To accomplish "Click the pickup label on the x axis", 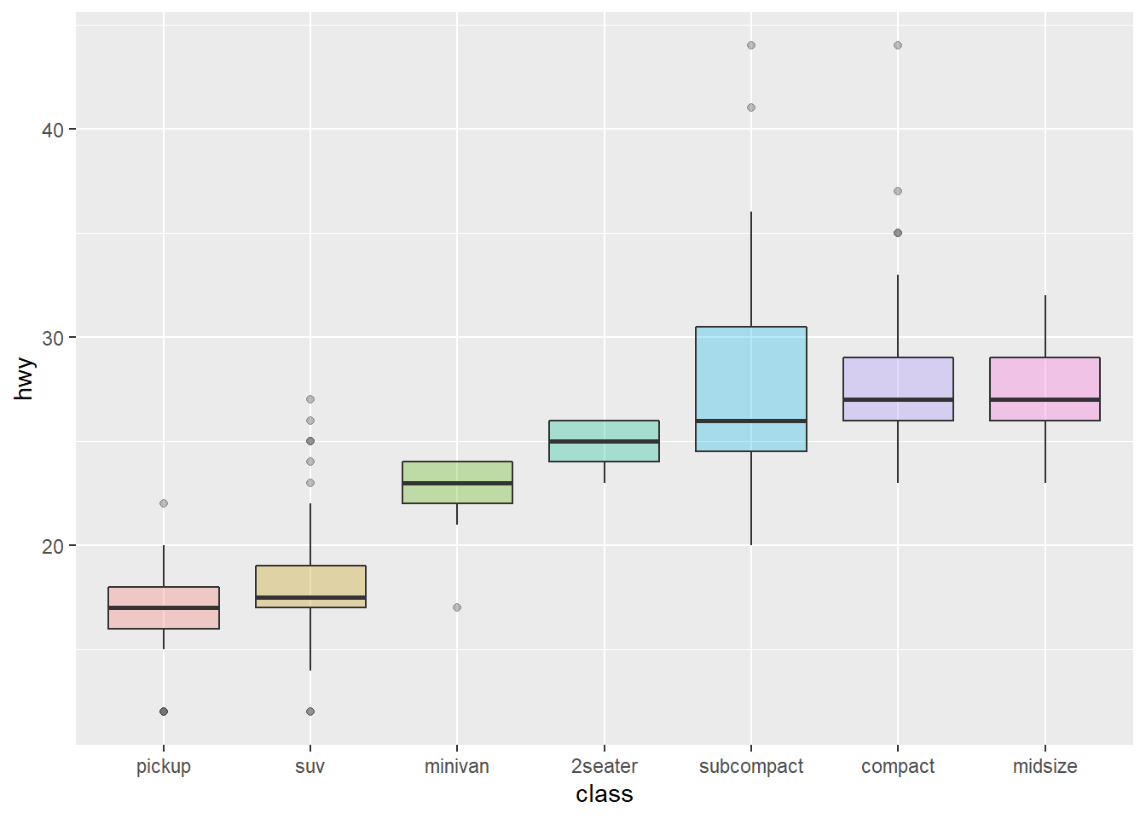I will pos(163,766).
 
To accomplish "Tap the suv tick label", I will pos(310,766).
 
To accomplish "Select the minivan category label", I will pos(456,766).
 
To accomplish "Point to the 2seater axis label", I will pos(604,766).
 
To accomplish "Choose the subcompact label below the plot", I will pos(750,766).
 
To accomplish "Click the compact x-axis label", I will pos(897,766).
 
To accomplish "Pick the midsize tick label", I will pos(1045,766).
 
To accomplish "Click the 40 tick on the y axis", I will pos(53,130).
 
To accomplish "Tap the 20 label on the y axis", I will pos(53,546).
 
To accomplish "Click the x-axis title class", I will pos(604,794).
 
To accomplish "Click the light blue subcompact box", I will pos(750,375).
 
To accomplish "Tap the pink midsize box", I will pos(1045,379).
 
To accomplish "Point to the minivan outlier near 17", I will pos(457,607).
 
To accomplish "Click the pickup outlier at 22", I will pos(164,503).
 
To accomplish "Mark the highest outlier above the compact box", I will pos(898,45).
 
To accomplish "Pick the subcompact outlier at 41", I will pos(751,107).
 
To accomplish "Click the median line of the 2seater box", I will pos(604,441).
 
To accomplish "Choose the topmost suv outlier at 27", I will pos(310,399).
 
